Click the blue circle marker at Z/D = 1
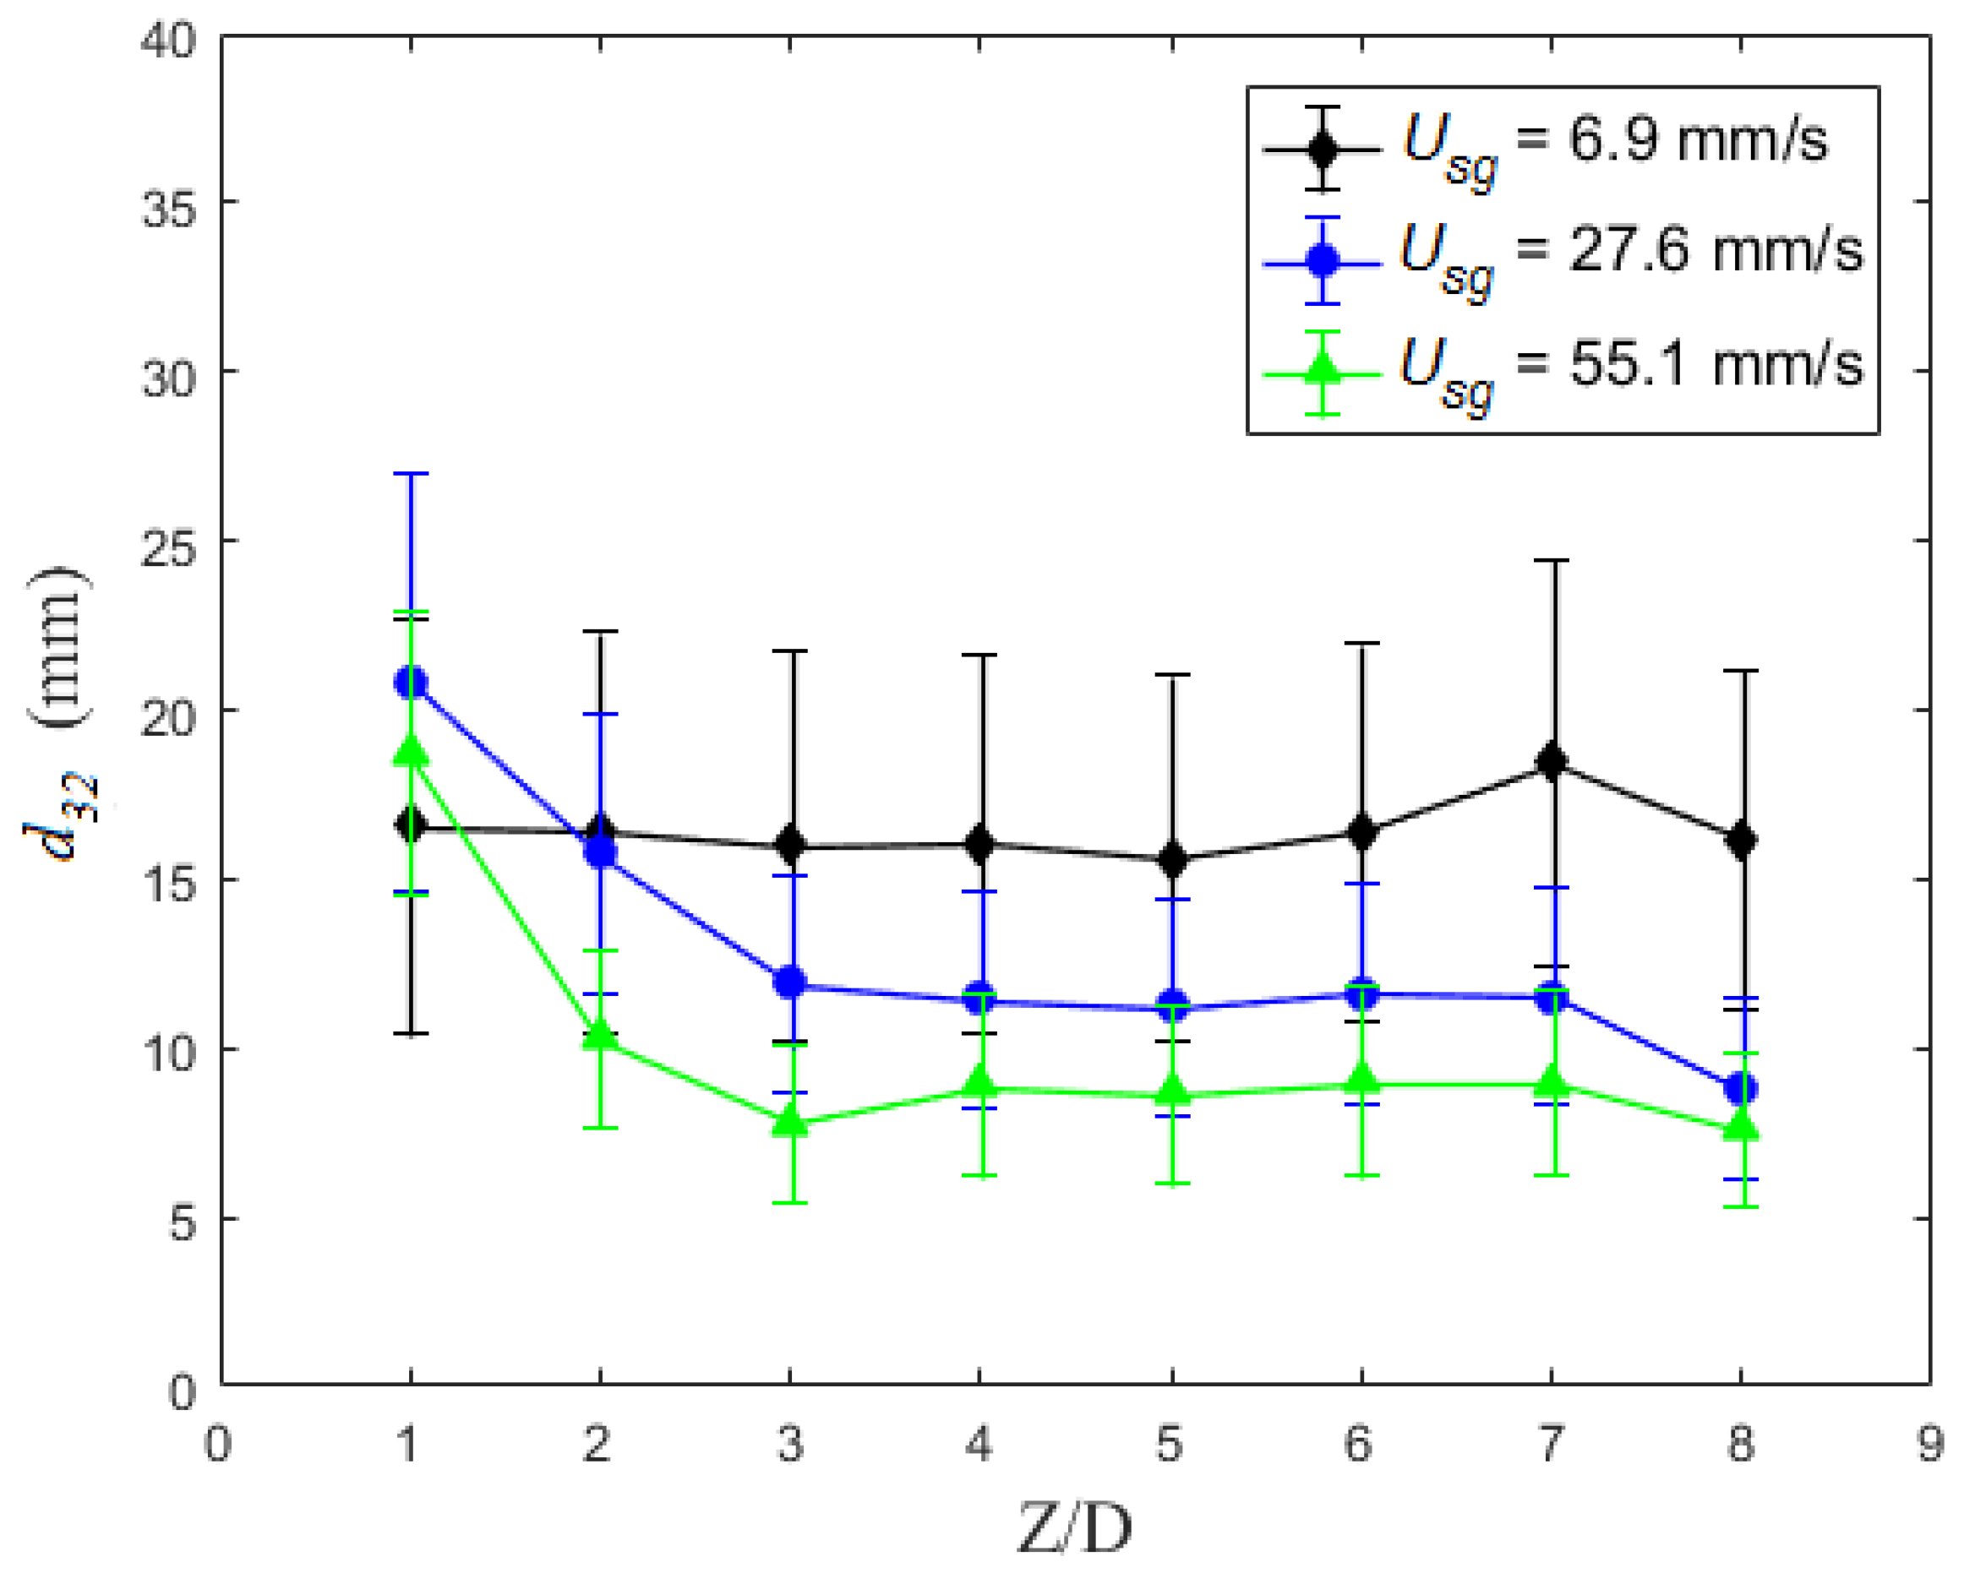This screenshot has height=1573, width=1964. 411,683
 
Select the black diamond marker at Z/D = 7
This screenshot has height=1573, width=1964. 1552,761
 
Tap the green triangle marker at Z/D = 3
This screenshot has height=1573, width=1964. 790,1122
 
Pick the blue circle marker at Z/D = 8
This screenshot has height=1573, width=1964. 1741,1088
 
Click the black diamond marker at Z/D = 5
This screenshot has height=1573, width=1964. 1171,859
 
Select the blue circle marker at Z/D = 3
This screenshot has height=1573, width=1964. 790,982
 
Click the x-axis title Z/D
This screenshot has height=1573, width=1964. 1075,1529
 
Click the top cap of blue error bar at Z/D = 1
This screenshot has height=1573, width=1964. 411,474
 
